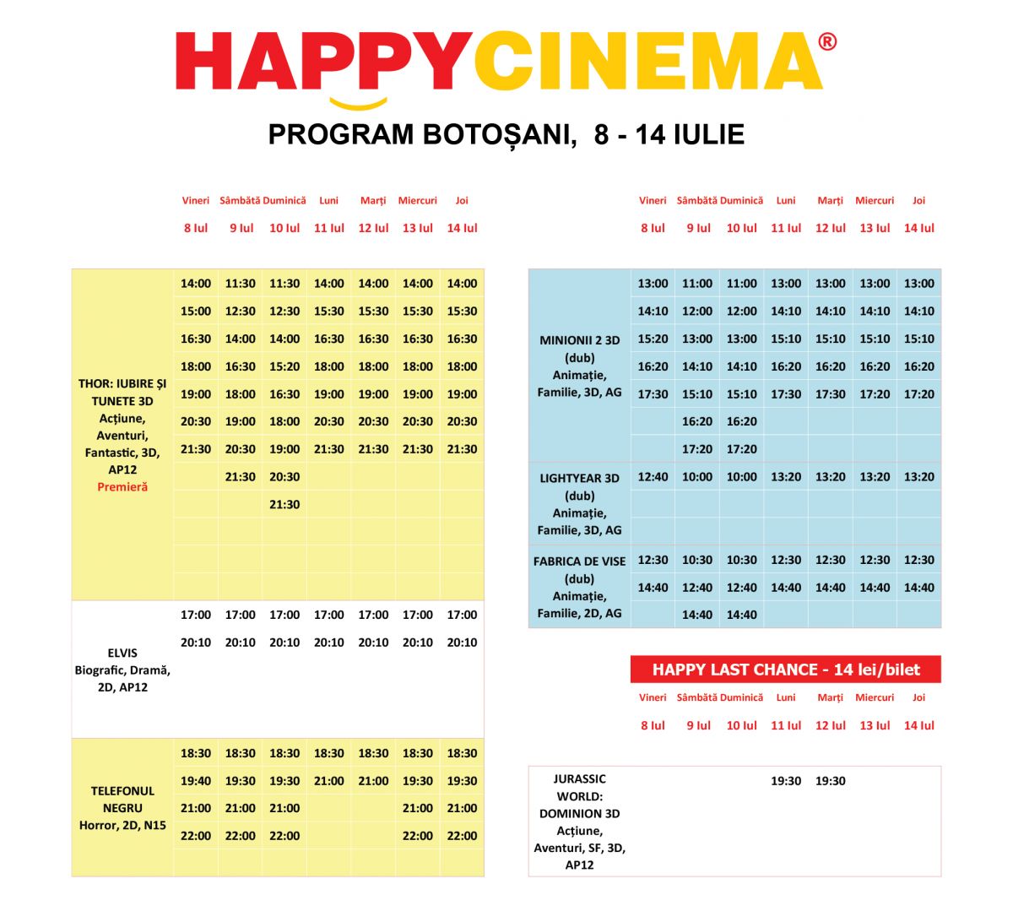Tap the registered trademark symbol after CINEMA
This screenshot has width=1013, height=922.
pos(827,42)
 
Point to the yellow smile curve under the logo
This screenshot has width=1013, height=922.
pos(358,105)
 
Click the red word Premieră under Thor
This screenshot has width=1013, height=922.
pos(122,487)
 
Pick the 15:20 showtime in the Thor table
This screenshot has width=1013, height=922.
pos(284,366)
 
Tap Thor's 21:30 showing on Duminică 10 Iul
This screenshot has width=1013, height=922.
pos(284,504)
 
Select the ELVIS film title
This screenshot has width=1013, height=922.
pos(122,653)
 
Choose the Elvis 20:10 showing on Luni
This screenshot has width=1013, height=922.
pos(329,643)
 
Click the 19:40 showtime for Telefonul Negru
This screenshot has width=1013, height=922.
pos(196,781)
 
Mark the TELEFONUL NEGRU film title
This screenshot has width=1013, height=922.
pos(122,800)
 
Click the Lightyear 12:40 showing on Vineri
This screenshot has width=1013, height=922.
pos(653,477)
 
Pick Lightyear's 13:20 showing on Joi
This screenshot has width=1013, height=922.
pos(919,477)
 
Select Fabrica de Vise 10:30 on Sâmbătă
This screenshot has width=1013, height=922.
pos(697,560)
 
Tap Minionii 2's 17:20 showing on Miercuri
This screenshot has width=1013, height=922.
pos(875,394)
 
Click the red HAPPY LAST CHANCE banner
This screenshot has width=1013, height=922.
pos(785,670)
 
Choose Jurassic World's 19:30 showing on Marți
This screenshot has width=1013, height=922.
pos(831,781)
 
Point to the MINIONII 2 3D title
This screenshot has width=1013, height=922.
pos(580,340)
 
